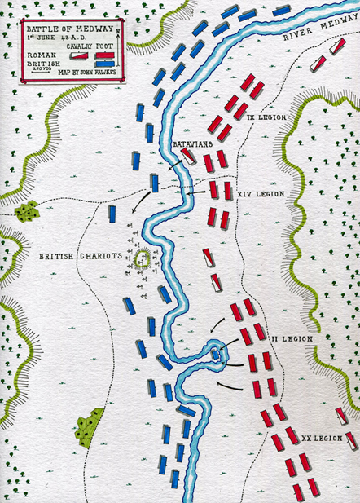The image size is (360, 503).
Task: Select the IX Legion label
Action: [x=265, y=117]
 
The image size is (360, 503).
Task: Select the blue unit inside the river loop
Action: [x=216, y=354]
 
